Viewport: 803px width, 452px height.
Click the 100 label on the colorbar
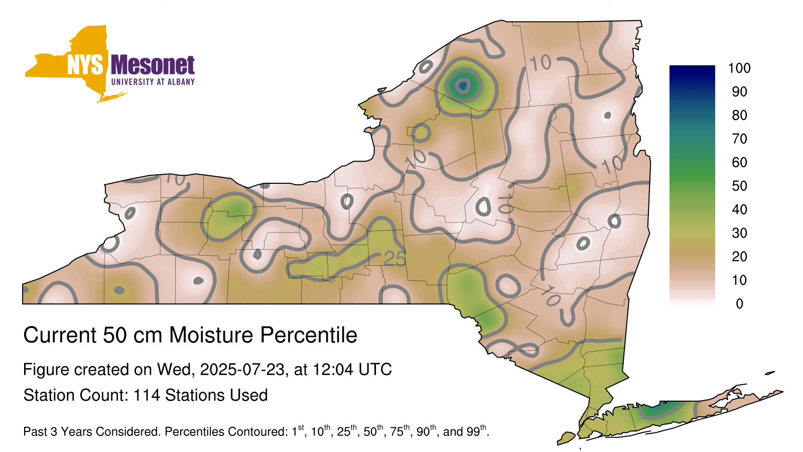[739, 68]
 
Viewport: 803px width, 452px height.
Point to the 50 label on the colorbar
[739, 186]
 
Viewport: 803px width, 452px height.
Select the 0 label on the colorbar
[739, 304]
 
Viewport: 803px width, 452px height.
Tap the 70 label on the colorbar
[739, 139]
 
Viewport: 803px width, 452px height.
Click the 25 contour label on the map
[394, 258]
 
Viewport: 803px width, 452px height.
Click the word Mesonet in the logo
[153, 65]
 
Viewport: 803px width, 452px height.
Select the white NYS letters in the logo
[85, 65]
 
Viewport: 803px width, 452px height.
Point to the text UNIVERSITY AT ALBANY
[153, 82]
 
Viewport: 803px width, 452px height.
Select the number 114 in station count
[147, 395]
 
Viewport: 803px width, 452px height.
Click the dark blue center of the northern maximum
[463, 86]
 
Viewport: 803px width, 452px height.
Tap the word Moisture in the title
[211, 335]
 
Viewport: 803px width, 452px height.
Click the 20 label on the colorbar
[739, 257]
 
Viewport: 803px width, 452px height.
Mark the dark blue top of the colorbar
[692, 70]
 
